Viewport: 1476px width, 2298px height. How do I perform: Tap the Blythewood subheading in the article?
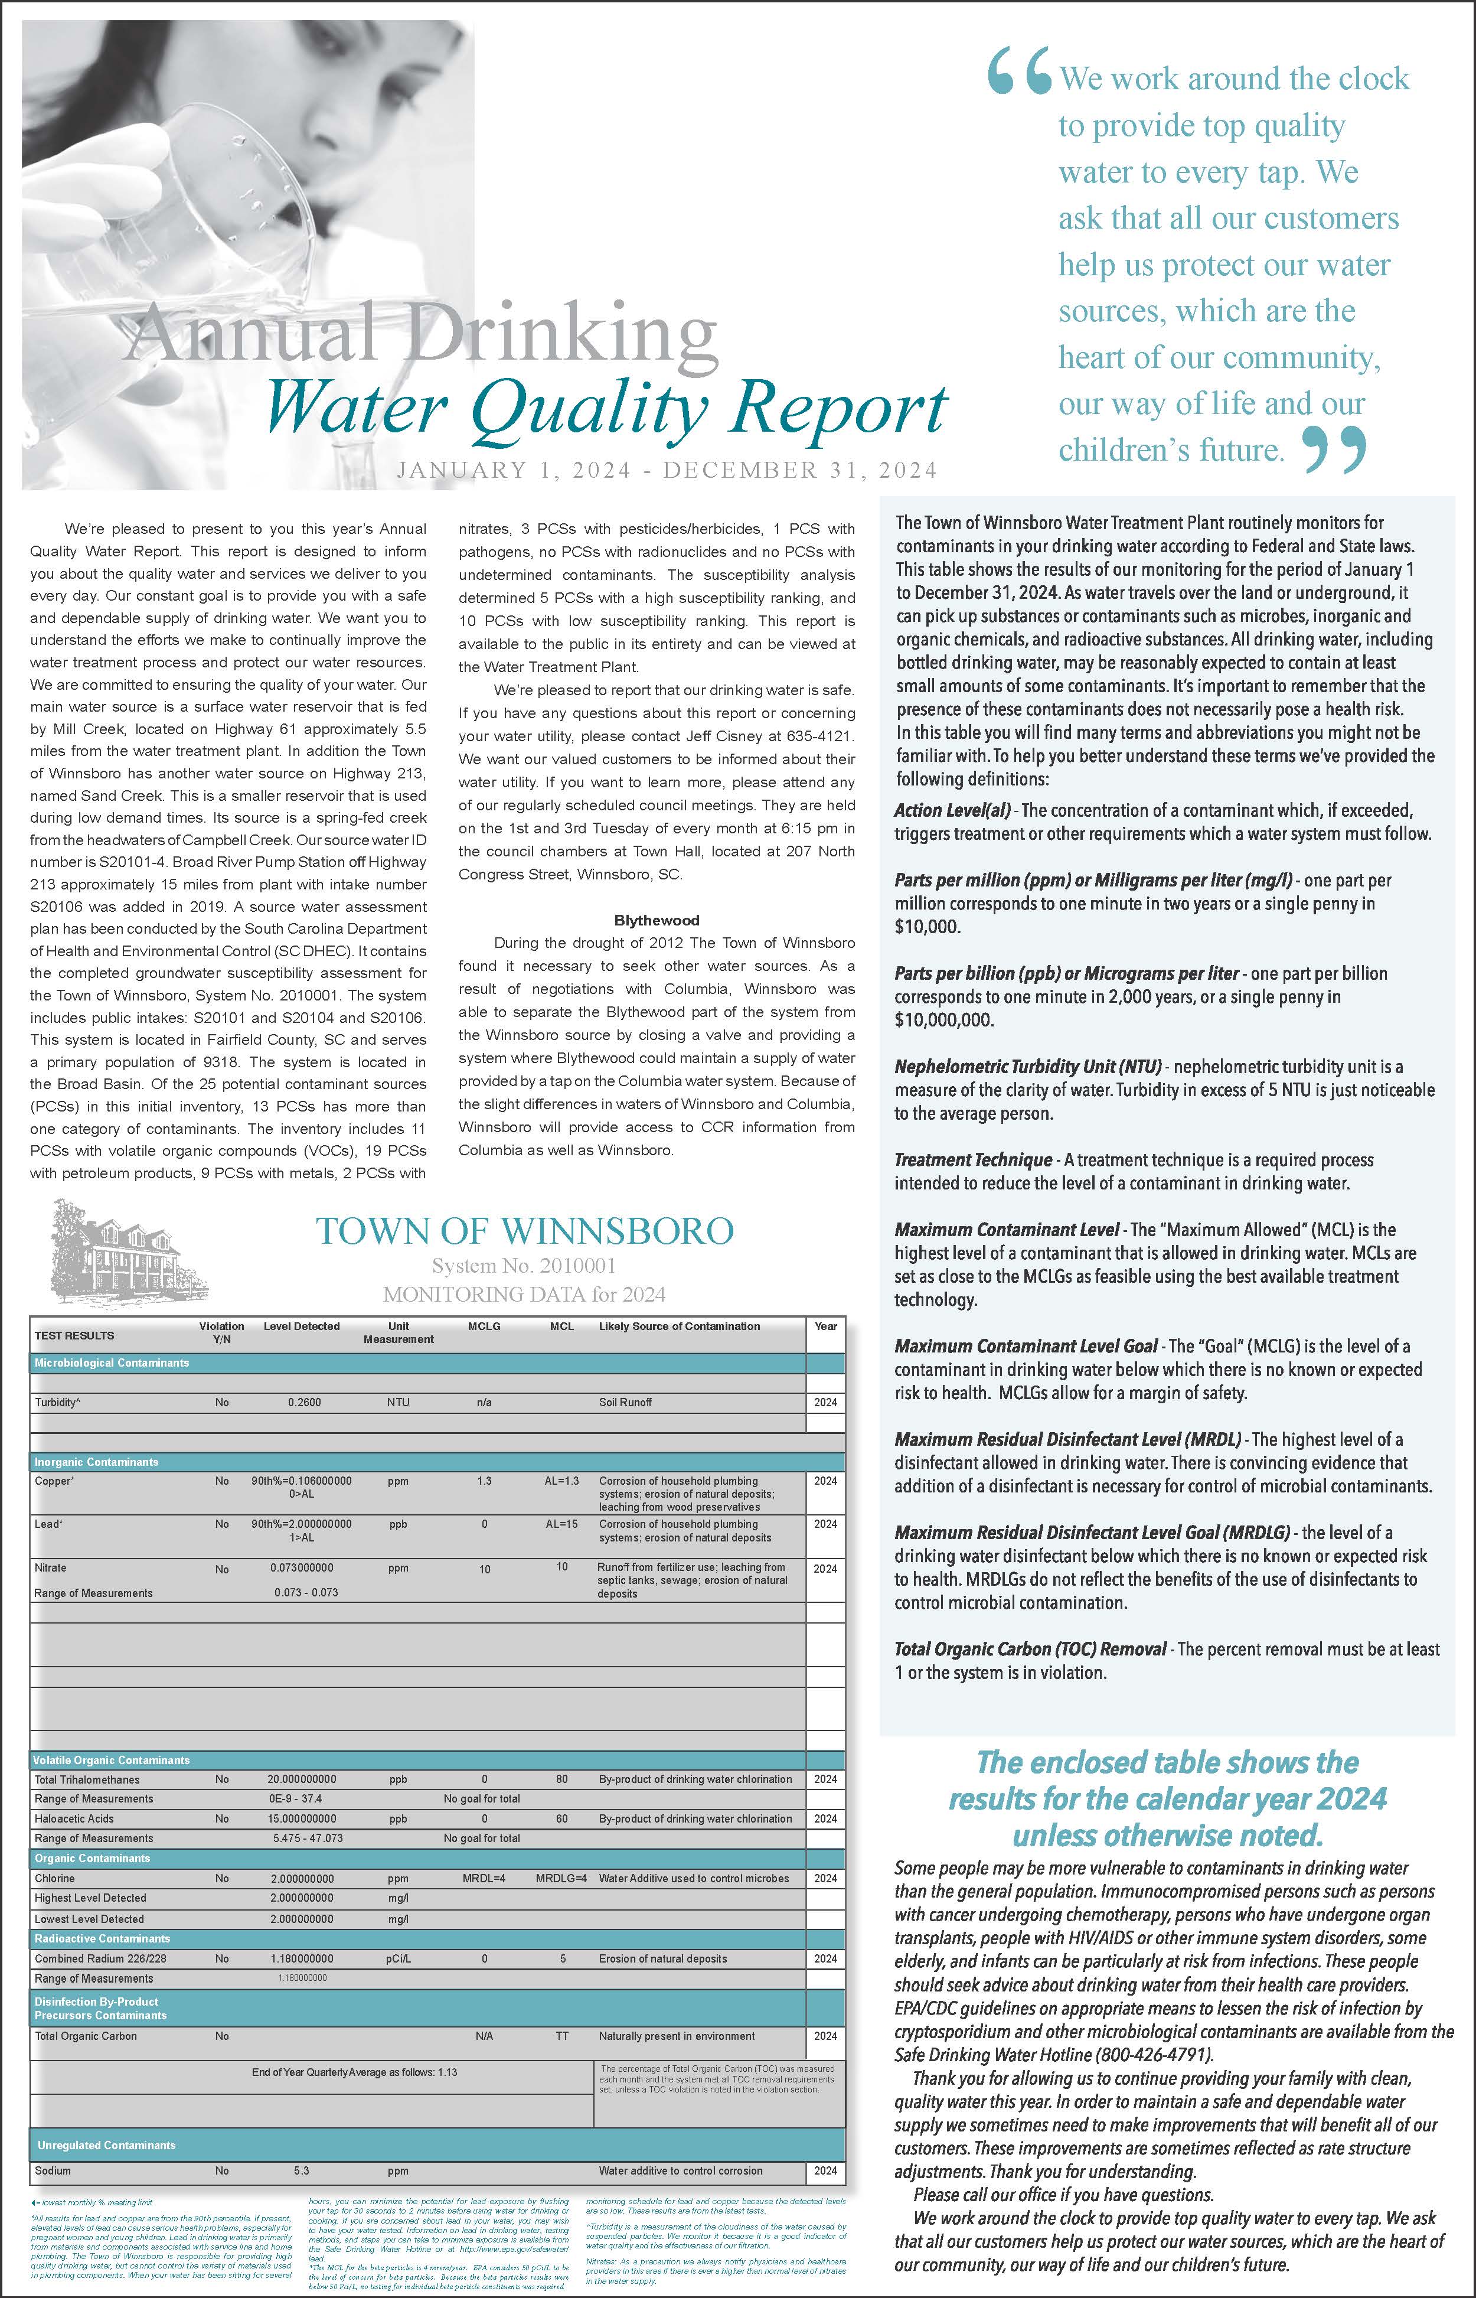(x=657, y=920)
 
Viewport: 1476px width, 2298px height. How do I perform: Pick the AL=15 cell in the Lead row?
(x=561, y=1523)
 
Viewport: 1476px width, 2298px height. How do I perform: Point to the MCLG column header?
(x=484, y=1326)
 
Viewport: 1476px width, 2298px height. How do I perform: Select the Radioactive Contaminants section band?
(x=103, y=1938)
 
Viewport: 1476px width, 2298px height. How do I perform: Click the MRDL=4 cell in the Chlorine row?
(x=484, y=1878)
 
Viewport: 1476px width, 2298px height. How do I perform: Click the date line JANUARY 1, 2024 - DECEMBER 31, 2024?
(x=666, y=470)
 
